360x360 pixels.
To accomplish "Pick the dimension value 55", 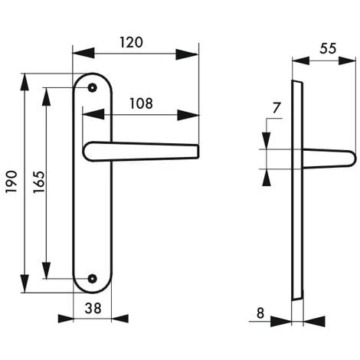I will [x=328, y=47].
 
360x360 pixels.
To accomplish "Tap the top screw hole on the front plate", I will [x=93, y=88].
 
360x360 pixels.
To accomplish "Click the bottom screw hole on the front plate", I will [x=93, y=280].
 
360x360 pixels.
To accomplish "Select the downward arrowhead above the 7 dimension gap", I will [x=265, y=141].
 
